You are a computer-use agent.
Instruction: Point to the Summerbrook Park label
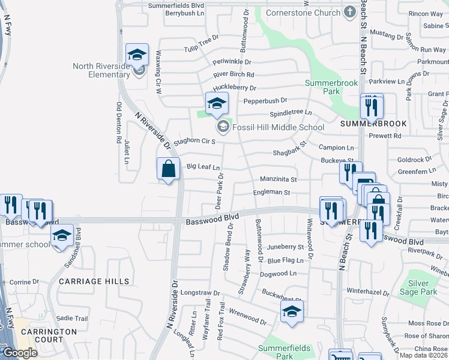(322, 87)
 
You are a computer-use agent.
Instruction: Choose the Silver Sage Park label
(418, 287)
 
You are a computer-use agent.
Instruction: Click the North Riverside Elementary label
(101, 70)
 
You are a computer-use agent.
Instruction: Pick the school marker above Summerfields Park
(292, 312)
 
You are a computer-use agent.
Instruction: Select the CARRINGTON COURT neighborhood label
(49, 335)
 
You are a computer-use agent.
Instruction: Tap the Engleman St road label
(271, 193)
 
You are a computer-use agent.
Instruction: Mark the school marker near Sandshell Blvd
(61, 236)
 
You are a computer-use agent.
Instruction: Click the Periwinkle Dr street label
(232, 62)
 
